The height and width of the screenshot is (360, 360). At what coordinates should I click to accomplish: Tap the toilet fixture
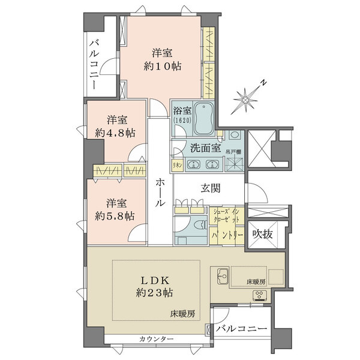point(199,226)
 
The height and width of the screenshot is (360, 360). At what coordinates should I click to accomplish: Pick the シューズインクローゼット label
point(227,215)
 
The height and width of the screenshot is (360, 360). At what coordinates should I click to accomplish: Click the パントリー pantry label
point(227,237)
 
